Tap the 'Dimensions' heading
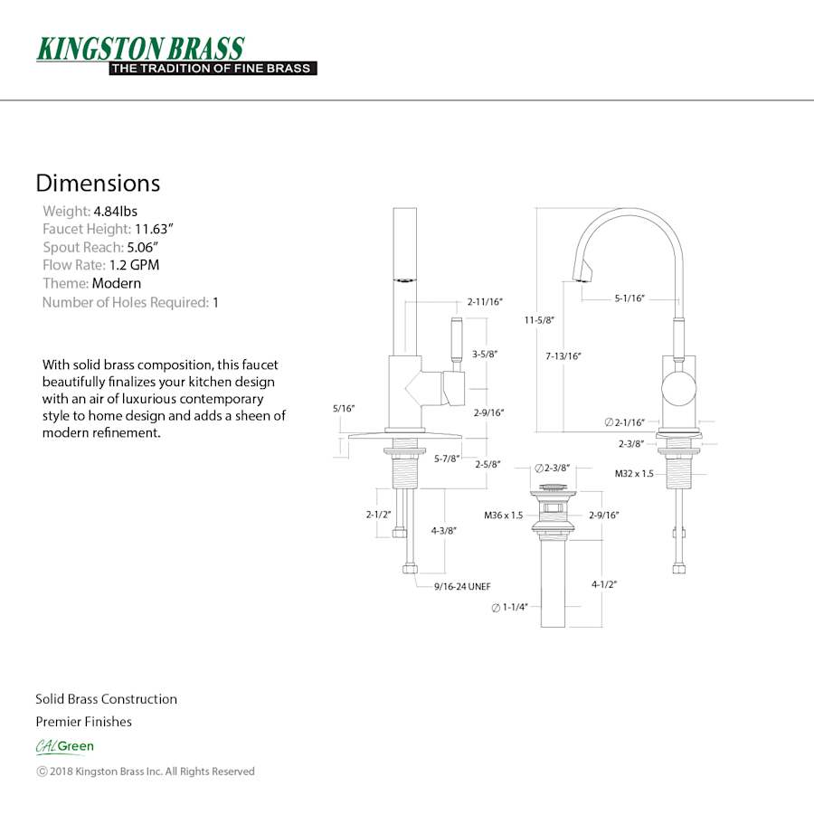coord(98,183)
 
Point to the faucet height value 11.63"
coord(154,229)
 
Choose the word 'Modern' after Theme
coord(117,283)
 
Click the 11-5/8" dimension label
coord(539,319)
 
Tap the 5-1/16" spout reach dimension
coord(629,298)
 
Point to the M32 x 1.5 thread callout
coord(634,473)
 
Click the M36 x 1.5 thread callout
coord(504,515)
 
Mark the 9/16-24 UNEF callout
coord(461,586)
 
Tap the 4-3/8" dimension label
coord(443,531)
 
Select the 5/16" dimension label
coord(344,409)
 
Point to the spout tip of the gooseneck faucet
coord(582,275)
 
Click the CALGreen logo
coord(65,746)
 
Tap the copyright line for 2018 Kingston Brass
coord(146,771)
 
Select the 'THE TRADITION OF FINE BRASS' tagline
coord(212,68)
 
